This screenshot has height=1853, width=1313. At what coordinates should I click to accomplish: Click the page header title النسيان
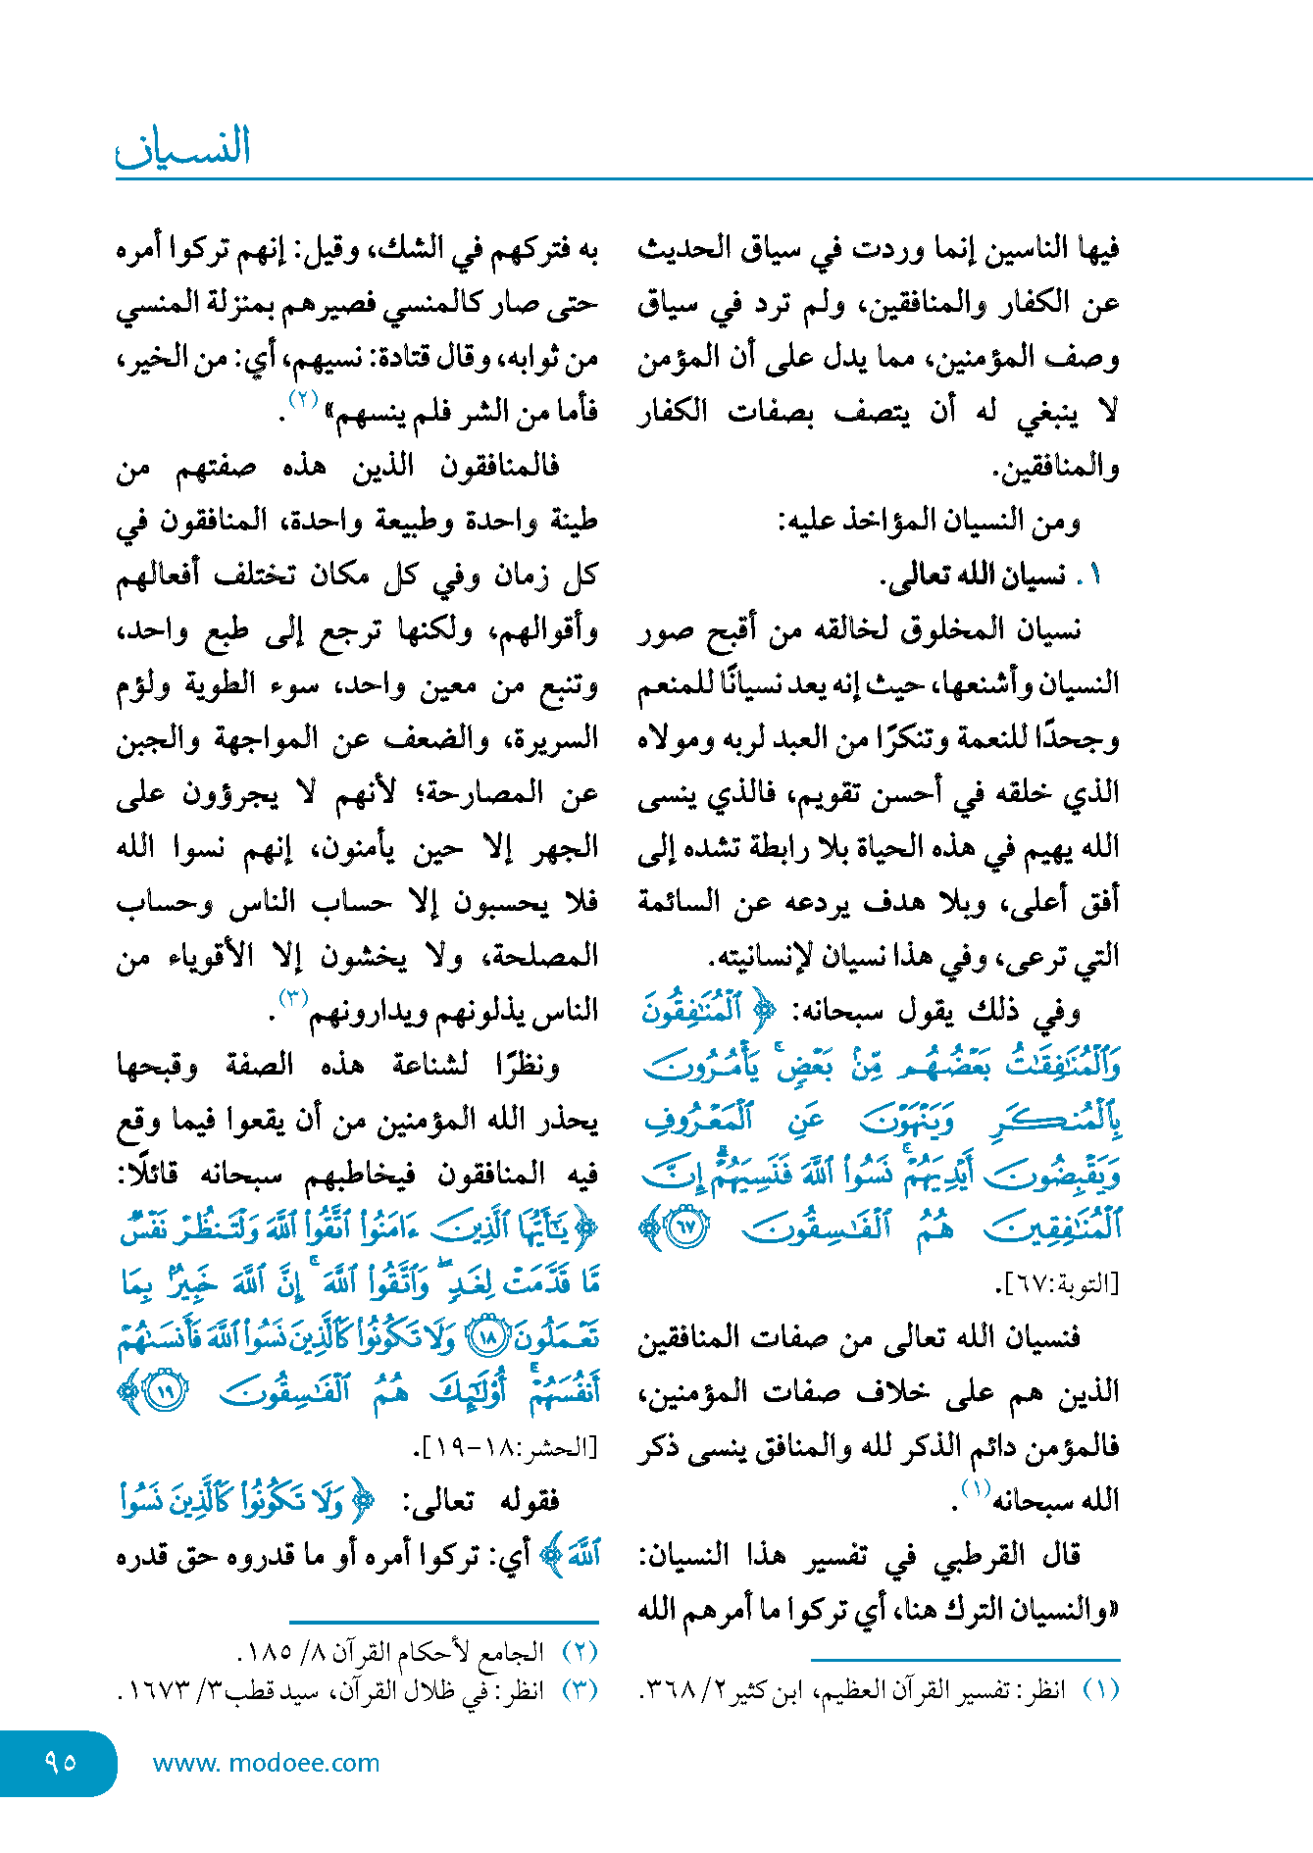tap(184, 147)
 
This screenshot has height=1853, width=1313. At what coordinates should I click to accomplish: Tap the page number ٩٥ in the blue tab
tap(61, 1762)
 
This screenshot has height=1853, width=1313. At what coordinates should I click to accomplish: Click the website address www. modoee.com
tap(266, 1763)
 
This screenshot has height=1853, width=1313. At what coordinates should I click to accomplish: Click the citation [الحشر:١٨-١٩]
tap(506, 1446)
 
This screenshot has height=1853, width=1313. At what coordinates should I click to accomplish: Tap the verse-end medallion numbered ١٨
tap(487, 1336)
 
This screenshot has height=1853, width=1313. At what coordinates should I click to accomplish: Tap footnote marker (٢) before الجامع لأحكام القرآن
tap(579, 1652)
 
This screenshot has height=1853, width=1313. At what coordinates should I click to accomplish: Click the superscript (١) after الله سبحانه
tap(976, 1488)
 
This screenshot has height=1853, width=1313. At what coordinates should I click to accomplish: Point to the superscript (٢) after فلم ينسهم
tap(304, 400)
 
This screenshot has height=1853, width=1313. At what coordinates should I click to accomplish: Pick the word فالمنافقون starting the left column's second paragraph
tap(499, 466)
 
